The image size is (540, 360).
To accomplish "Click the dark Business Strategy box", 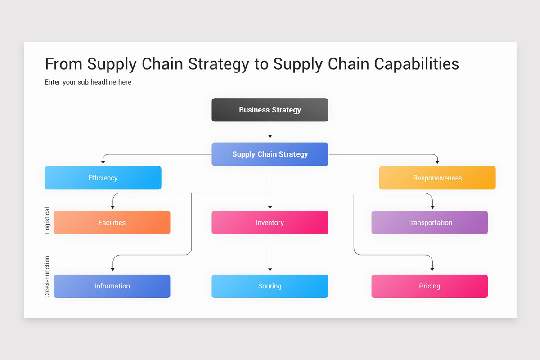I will tap(270, 110).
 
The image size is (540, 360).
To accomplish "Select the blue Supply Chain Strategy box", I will tap(270, 154).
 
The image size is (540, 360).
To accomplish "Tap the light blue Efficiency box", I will tap(103, 178).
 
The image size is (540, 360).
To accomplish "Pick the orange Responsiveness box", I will tap(437, 178).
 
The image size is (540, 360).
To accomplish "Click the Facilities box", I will tap(112, 222).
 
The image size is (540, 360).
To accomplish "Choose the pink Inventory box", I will tap(270, 222).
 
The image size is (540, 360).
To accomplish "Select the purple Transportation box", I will tap(429, 222).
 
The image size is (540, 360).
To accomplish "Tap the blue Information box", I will tap(112, 286).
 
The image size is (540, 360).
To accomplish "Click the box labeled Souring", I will tap(270, 286).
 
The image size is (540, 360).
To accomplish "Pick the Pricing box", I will tap(429, 286).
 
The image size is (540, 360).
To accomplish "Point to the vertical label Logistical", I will tap(47, 220).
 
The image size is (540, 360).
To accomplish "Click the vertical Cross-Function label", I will tap(47, 277).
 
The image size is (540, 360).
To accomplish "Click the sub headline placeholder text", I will tap(88, 82).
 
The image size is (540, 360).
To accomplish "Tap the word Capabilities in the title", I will tap(417, 64).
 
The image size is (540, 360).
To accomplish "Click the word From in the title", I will tap(64, 64).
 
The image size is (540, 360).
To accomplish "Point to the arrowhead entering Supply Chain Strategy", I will tap(270, 136).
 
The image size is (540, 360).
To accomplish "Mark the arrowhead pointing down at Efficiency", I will tap(103, 162).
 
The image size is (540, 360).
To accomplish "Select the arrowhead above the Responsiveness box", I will tap(437, 162).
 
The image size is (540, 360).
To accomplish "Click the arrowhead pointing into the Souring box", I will tap(270, 269).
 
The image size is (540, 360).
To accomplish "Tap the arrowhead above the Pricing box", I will tap(432, 269).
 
